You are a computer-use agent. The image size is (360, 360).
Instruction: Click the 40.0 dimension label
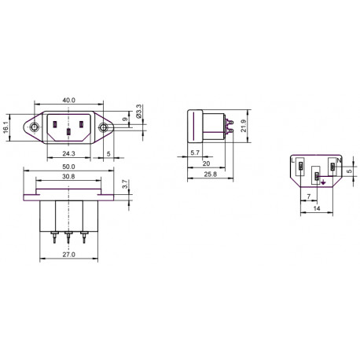68,100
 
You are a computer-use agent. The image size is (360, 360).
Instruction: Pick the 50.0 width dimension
68,167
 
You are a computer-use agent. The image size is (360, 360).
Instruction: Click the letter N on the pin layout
338,160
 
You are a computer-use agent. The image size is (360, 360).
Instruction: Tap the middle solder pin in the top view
68,237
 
